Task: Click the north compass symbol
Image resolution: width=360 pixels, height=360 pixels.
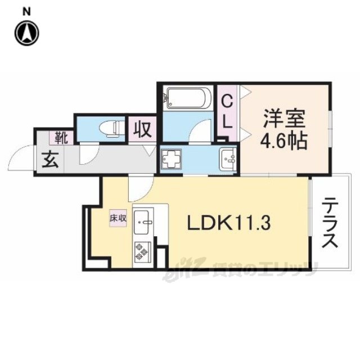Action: [x=27, y=33]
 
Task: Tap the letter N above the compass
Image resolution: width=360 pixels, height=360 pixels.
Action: [x=27, y=11]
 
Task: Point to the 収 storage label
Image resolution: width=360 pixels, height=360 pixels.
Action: [x=142, y=129]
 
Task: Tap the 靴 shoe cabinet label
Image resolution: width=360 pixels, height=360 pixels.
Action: [x=61, y=138]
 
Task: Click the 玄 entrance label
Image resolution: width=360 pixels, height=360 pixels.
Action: [x=50, y=160]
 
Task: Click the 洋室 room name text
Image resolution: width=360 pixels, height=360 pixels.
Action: [x=284, y=119]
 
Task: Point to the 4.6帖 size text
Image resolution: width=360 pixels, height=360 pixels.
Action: [x=283, y=141]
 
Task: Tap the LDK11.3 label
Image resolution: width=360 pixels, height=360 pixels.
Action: [x=229, y=223]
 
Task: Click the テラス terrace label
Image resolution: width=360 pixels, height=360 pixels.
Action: [x=330, y=223]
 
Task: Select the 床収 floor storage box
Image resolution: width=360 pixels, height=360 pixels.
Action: [x=118, y=218]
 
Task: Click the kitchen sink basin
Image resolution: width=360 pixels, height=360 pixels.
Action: [x=141, y=222]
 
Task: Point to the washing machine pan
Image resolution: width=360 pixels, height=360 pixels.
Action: [x=172, y=159]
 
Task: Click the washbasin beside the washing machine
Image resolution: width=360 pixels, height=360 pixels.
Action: [x=227, y=159]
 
